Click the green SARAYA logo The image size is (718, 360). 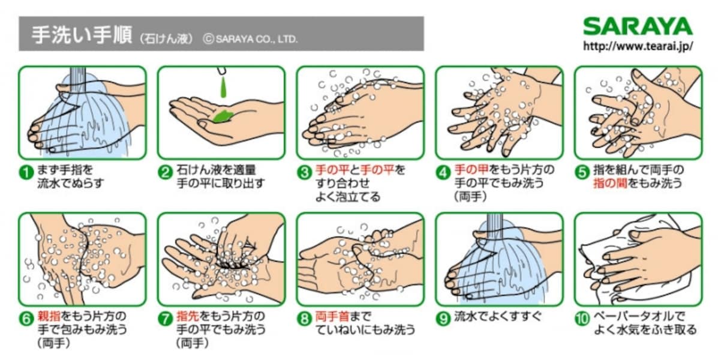[x=638, y=26]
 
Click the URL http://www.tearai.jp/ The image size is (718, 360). [x=638, y=46]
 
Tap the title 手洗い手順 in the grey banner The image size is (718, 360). [x=82, y=35]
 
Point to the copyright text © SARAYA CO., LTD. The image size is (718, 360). [x=251, y=39]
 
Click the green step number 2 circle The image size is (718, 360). [x=165, y=172]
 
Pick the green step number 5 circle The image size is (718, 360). [x=582, y=172]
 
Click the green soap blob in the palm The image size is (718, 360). [x=223, y=116]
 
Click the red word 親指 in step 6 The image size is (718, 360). [x=49, y=316]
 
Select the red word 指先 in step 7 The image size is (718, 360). [x=188, y=316]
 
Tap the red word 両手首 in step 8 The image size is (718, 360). [x=333, y=316]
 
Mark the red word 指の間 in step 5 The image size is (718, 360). [x=611, y=184]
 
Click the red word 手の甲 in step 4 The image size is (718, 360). [x=471, y=170]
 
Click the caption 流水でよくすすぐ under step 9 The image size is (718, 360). [x=498, y=317]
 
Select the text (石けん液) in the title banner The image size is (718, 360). [x=167, y=39]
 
